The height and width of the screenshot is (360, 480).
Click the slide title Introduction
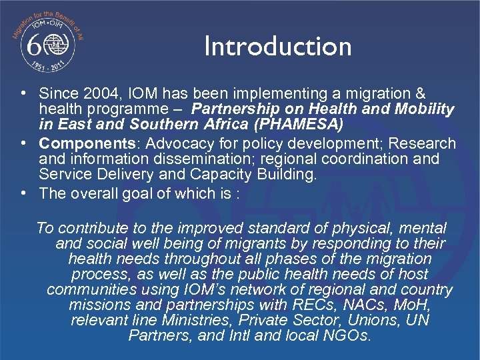(277, 47)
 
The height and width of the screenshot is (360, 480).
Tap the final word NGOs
(347, 336)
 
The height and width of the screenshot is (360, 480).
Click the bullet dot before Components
(23, 143)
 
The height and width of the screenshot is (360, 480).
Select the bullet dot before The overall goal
(23, 193)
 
